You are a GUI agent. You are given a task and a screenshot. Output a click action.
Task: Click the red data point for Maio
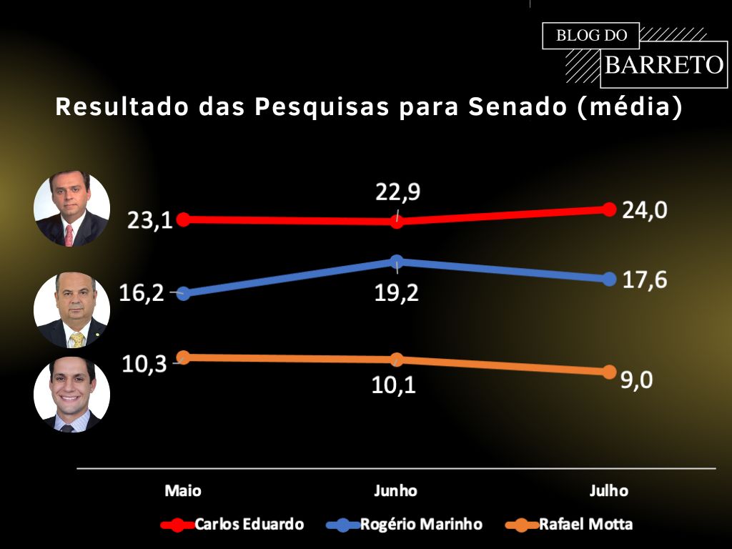(x=183, y=219)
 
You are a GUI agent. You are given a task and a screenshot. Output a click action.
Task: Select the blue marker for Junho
(x=397, y=262)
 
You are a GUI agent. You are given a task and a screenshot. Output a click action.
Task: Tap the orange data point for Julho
(x=609, y=372)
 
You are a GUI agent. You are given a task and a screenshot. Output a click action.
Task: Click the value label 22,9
(x=397, y=192)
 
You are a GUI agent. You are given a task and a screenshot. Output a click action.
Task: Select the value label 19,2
(x=397, y=292)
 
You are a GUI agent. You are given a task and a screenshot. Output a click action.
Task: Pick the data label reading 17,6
(x=645, y=280)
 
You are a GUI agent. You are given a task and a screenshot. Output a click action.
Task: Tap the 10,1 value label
(x=394, y=385)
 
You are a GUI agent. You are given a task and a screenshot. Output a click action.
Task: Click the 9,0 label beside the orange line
(x=637, y=380)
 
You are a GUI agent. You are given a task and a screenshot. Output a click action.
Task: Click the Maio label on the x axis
(x=183, y=491)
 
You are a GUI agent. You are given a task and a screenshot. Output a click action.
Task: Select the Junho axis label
(x=395, y=491)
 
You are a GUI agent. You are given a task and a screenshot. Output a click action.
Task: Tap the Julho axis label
(x=609, y=491)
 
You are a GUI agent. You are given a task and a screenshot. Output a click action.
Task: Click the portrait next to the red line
(x=72, y=209)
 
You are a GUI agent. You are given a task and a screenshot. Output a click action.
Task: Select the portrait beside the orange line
(x=72, y=395)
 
